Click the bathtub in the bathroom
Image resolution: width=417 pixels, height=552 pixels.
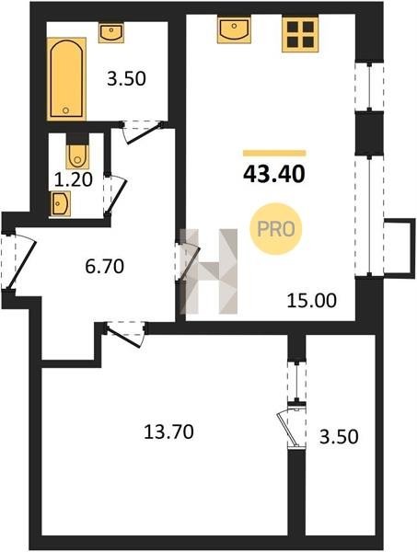pyautogui.click(x=66, y=79)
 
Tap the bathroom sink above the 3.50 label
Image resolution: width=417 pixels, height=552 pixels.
pyautogui.click(x=111, y=33)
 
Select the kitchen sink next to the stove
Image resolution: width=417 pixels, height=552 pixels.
pyautogui.click(x=234, y=29)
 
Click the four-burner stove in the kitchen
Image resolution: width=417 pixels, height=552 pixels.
pyautogui.click(x=300, y=34)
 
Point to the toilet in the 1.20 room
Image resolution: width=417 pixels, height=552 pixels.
pyautogui.click(x=77, y=155)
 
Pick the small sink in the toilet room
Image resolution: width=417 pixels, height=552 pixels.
pyautogui.click(x=60, y=203)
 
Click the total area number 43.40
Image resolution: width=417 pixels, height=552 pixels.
pyautogui.click(x=274, y=174)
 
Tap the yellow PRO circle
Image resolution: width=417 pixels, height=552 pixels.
pyautogui.click(x=276, y=229)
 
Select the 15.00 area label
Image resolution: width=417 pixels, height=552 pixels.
pyautogui.click(x=312, y=300)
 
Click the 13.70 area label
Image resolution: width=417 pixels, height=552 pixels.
pyautogui.click(x=168, y=431)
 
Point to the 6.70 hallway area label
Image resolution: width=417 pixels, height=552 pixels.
pyautogui.click(x=105, y=266)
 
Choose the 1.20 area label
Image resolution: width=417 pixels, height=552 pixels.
pyautogui.click(x=74, y=180)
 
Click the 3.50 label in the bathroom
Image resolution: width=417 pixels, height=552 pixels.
pyautogui.click(x=126, y=78)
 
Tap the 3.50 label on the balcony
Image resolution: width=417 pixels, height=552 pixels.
pyautogui.click(x=339, y=436)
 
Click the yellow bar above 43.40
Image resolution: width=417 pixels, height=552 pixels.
pyautogui.click(x=274, y=153)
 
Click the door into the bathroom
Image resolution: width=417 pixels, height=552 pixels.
pyautogui.click(x=142, y=132)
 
